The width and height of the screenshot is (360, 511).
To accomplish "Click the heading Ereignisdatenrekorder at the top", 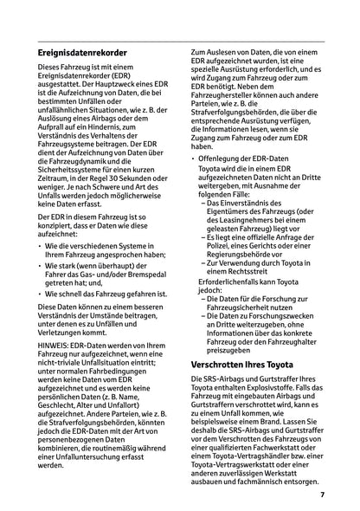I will [x=83, y=54].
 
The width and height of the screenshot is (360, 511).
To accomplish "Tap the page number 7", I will [x=322, y=495].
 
